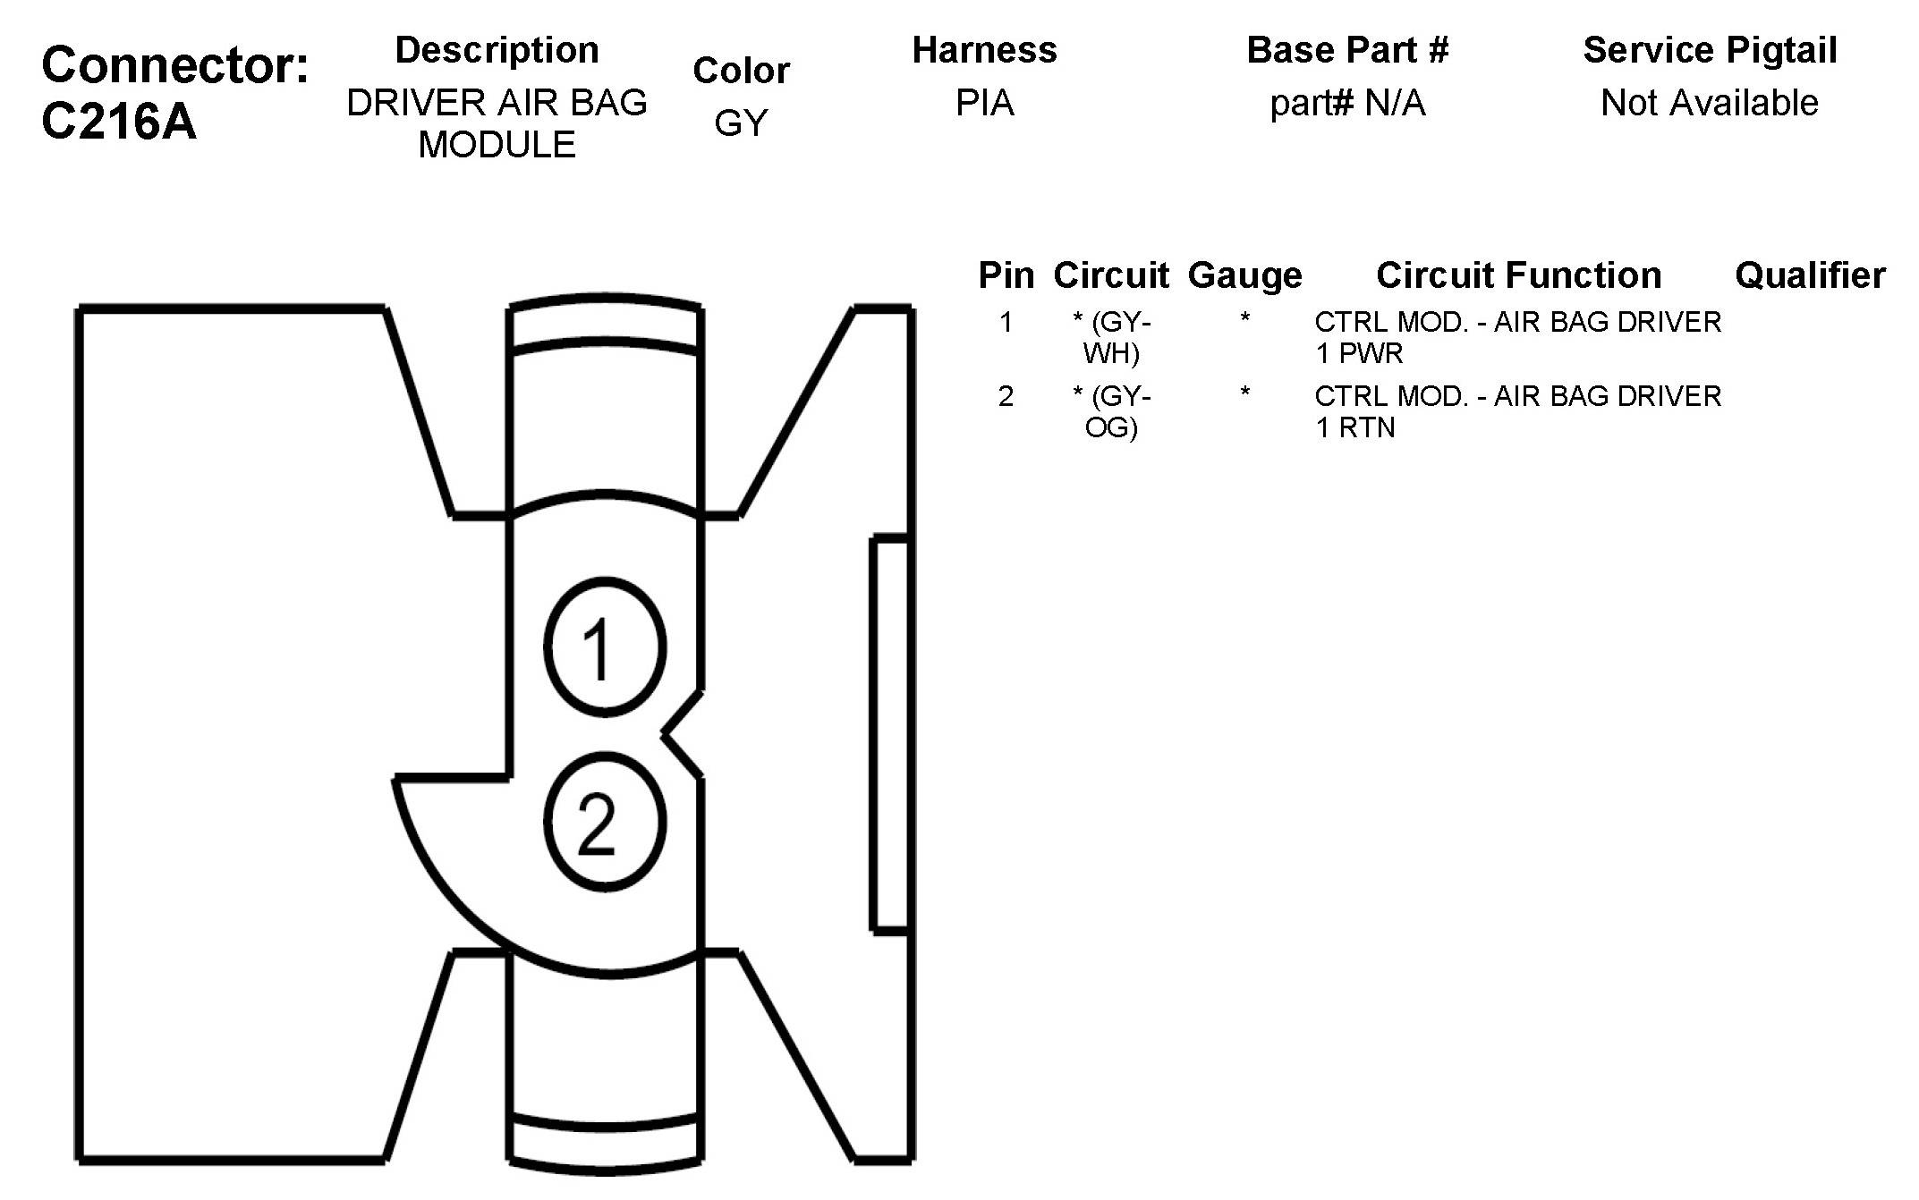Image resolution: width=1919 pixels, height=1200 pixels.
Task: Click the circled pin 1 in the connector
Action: (605, 647)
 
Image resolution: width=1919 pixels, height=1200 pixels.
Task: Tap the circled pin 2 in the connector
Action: (605, 822)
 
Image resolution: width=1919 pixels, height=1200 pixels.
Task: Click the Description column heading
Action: (497, 50)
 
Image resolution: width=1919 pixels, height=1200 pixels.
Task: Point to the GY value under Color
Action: (741, 123)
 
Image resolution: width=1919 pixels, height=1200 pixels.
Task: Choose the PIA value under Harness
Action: (984, 103)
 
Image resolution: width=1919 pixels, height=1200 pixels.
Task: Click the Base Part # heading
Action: (1347, 50)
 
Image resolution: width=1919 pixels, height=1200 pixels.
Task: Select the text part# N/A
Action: (1347, 103)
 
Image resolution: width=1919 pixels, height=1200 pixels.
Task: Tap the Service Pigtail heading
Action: (1710, 50)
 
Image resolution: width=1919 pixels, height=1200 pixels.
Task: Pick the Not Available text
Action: (1710, 103)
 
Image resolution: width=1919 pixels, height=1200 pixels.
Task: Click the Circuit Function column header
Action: (1518, 275)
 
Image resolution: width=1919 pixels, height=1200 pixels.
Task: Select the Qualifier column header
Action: (1810, 275)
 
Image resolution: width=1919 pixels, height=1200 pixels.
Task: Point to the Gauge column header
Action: (1244, 275)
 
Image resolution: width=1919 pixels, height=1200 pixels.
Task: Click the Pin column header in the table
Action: (1006, 275)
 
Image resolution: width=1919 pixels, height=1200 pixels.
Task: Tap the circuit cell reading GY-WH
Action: (1111, 337)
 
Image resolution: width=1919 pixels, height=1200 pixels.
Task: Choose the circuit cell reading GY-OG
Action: (1111, 411)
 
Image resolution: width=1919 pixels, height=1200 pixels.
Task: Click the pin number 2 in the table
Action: (1006, 396)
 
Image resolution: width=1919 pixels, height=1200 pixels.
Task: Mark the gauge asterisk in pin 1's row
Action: (1244, 320)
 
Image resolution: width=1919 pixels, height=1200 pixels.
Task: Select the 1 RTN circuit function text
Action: (1355, 427)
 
